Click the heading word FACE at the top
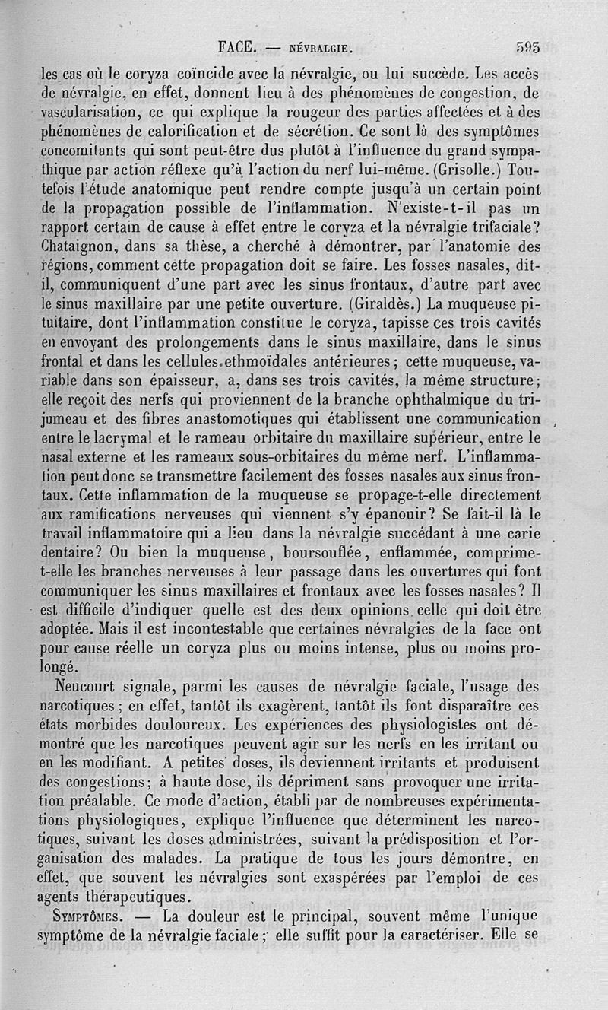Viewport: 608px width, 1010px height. click(x=236, y=46)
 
